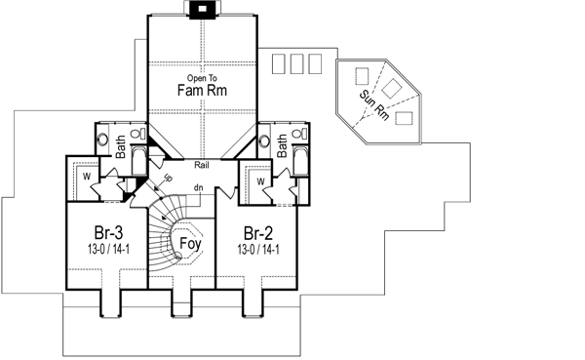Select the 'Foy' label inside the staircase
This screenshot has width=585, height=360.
(191, 247)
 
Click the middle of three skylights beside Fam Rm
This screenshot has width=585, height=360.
(293, 63)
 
